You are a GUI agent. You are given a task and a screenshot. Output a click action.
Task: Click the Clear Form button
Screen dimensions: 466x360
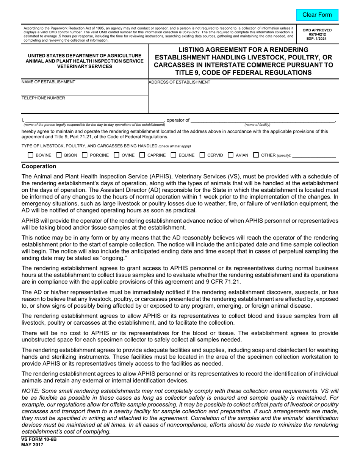pos(317,15)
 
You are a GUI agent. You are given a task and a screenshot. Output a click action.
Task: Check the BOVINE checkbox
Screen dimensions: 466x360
pos(31,155)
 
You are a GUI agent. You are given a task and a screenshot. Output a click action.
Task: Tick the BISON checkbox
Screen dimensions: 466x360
pos(59,155)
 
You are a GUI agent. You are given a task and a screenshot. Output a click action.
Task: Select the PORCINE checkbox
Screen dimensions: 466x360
pos(85,155)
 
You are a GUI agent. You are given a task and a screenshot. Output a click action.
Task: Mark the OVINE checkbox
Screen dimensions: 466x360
pos(117,155)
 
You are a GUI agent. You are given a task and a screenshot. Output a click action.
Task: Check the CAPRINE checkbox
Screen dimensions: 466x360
pos(142,155)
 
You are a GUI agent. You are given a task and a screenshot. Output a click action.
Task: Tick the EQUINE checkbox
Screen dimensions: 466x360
pos(173,155)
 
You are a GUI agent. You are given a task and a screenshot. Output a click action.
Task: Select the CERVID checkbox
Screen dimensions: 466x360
pos(202,155)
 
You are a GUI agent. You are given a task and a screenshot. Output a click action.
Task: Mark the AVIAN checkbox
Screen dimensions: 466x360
pos(231,155)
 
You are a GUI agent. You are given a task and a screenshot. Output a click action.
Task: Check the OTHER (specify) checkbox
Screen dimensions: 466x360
pos(256,155)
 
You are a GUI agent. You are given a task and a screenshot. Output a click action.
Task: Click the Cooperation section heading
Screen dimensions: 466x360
pos(39,166)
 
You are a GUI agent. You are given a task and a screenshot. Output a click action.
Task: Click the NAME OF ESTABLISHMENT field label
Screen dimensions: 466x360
pos(48,82)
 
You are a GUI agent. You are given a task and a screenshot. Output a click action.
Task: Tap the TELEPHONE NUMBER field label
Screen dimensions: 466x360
pos(43,98)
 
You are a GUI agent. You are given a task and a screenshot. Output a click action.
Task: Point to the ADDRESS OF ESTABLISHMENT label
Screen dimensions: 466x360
pos(179,82)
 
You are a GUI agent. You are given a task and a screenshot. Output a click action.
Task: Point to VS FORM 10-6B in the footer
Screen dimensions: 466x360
pos(39,440)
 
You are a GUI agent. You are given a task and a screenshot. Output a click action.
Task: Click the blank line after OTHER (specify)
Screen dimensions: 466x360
pos(314,155)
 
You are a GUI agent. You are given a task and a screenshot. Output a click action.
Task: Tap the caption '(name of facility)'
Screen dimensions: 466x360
pos(257,125)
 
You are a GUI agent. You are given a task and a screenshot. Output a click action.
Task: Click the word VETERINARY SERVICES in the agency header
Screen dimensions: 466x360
pos(85,66)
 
